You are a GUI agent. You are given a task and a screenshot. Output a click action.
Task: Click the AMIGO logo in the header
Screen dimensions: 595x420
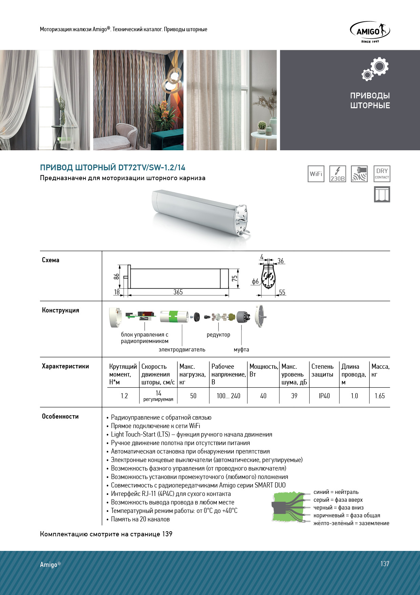click(x=370, y=32)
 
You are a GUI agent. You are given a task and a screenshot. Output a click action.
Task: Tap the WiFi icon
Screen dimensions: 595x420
click(x=316, y=174)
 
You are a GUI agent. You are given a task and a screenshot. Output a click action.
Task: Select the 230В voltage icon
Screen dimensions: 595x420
click(x=338, y=174)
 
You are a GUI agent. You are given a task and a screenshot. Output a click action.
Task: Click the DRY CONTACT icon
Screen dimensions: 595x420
click(x=382, y=173)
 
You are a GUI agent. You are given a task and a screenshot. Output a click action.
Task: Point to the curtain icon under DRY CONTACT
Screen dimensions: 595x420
click(x=382, y=194)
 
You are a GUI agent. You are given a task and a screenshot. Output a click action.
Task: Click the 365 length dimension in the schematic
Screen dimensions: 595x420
click(x=178, y=292)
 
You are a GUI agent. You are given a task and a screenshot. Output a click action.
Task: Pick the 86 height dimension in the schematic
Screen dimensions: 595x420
click(x=117, y=276)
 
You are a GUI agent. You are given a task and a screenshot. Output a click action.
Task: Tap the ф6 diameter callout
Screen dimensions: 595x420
click(x=255, y=281)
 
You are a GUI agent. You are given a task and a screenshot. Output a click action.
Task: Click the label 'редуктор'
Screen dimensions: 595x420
click(x=218, y=335)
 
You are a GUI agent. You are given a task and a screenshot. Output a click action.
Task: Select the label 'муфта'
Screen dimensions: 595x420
click(x=241, y=349)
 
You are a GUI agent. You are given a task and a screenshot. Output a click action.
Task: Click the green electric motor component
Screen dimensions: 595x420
click(x=174, y=316)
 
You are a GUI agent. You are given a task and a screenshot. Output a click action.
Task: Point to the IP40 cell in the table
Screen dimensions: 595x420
click(x=324, y=396)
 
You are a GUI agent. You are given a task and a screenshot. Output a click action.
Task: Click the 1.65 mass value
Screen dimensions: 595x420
click(x=380, y=396)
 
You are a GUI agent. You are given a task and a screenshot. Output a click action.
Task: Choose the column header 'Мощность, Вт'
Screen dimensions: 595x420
click(x=263, y=370)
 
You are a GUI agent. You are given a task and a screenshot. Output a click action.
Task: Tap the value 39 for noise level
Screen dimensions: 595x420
click(x=294, y=396)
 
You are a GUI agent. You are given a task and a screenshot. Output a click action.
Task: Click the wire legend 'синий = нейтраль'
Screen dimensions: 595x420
click(x=336, y=492)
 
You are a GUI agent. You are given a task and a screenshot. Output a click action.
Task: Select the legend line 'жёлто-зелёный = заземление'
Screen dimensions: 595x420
click(x=351, y=523)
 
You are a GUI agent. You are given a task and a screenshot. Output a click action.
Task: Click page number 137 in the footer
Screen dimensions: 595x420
click(x=384, y=563)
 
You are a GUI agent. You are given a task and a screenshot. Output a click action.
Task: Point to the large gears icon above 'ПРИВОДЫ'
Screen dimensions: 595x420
click(x=375, y=69)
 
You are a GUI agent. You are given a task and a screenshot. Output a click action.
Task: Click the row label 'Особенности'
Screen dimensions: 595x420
click(x=60, y=416)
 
